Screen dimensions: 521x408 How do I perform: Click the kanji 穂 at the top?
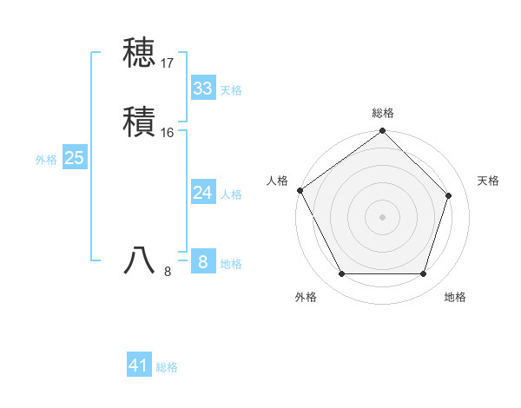[139, 54]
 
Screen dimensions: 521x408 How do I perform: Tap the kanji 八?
[139, 260]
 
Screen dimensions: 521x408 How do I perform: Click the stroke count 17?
[168, 63]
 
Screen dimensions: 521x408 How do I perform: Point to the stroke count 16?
[168, 132]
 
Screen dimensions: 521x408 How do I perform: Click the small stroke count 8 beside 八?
[168, 272]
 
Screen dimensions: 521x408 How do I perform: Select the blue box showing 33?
[202, 89]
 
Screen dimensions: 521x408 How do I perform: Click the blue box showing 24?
[202, 193]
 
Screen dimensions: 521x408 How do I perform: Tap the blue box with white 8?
[202, 262]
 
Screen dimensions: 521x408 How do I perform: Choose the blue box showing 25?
[75, 158]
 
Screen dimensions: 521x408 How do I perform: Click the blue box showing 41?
[139, 365]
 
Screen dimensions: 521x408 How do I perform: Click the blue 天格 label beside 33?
[231, 90]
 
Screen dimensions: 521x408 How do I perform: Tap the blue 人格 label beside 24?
[231, 194]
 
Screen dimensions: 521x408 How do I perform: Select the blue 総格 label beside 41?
[167, 367]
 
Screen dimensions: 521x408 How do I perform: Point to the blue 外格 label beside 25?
[46, 160]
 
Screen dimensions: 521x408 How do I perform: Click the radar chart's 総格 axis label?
[383, 113]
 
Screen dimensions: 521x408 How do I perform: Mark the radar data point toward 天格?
[449, 195]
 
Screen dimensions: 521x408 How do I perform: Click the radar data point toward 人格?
[300, 190]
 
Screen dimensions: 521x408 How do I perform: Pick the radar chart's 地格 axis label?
[455, 297]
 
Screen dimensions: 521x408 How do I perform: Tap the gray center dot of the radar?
[382, 216]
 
